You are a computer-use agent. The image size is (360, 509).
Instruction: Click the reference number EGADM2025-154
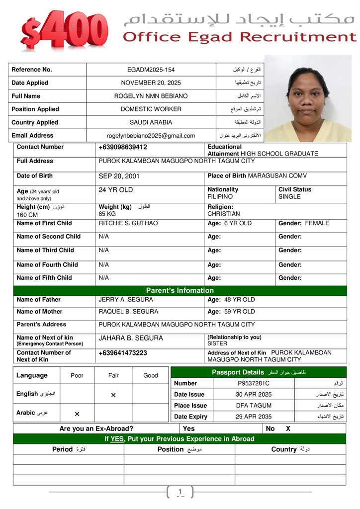pyautogui.click(x=151, y=70)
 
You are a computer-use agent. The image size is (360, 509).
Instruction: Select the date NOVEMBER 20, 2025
pyautogui.click(x=151, y=83)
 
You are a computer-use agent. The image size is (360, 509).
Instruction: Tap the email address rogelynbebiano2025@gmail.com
pyautogui.click(x=151, y=136)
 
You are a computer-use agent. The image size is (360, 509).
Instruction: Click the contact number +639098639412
pyautogui.click(x=123, y=147)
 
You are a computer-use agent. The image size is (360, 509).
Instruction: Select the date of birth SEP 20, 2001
pyautogui.click(x=119, y=176)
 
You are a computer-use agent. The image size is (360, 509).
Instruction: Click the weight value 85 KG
pyautogui.click(x=107, y=214)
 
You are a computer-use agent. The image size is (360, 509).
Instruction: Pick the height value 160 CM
pyautogui.click(x=27, y=215)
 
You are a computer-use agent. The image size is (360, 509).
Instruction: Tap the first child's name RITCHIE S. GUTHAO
pyautogui.click(x=128, y=223)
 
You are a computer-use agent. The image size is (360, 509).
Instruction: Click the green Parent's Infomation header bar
pyautogui.click(x=180, y=290)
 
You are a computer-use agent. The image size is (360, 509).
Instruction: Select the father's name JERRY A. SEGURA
pyautogui.click(x=126, y=300)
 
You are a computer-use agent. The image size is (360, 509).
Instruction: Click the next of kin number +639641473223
pyautogui.click(x=123, y=353)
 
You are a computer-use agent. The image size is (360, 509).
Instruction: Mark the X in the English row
pyautogui.click(x=113, y=395)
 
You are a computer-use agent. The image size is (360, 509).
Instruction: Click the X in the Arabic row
pyautogui.click(x=77, y=414)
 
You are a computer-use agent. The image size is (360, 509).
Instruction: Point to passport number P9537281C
pyautogui.click(x=253, y=383)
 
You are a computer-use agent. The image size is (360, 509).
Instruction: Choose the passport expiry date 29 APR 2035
pyautogui.click(x=253, y=417)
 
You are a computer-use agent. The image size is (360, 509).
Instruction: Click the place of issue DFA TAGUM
pyautogui.click(x=254, y=406)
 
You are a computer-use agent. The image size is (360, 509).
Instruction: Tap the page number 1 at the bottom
pyautogui.click(x=180, y=492)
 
